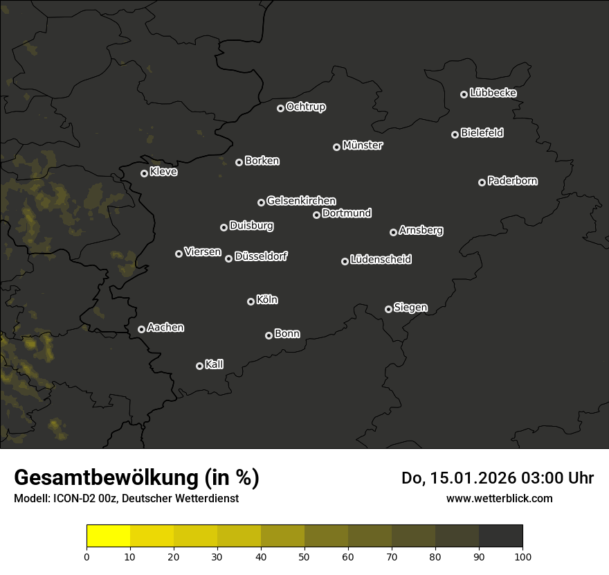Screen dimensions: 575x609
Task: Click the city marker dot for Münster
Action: click(x=336, y=147)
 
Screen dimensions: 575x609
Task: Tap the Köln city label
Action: click(x=266, y=300)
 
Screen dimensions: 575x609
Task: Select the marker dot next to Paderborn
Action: click(x=482, y=182)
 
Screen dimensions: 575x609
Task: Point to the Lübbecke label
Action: click(x=493, y=93)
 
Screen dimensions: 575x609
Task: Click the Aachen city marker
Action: click(x=141, y=329)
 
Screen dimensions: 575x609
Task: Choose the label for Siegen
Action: click(x=410, y=308)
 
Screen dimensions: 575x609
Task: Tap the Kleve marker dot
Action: click(x=144, y=173)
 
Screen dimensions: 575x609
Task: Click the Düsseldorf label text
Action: click(x=261, y=256)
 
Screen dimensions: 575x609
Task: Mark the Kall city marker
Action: click(x=199, y=366)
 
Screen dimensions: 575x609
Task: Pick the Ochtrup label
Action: click(x=305, y=107)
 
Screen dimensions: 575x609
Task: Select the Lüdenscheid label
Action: click(x=381, y=260)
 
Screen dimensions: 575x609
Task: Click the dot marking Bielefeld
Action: click(x=455, y=134)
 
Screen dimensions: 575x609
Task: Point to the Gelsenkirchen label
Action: click(x=301, y=201)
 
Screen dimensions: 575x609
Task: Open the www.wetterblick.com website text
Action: click(x=499, y=498)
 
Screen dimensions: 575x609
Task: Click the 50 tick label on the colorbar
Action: click(x=304, y=556)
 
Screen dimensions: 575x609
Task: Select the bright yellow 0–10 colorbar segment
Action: click(x=109, y=536)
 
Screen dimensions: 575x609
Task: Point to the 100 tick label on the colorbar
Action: click(x=522, y=556)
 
